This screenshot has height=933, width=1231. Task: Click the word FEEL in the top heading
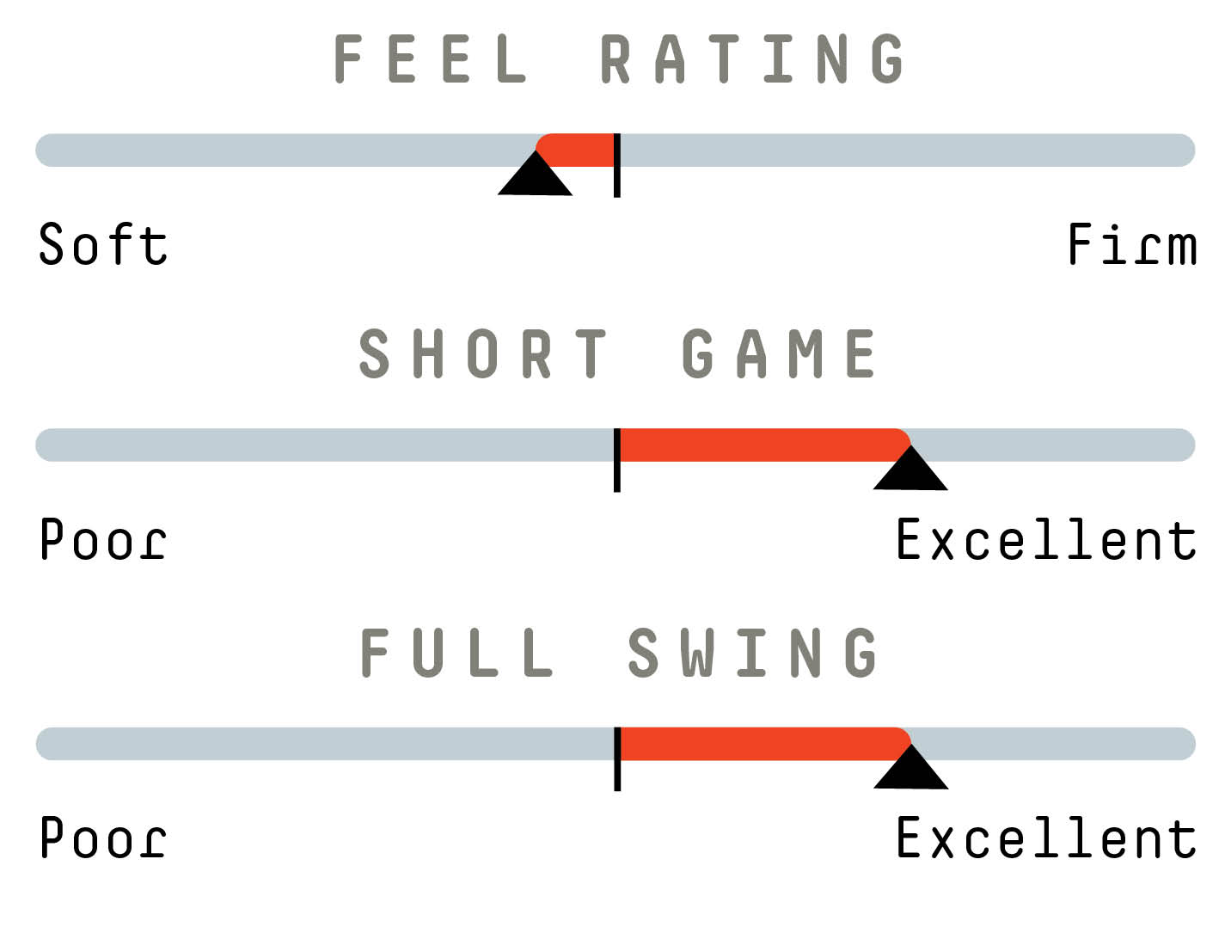430,58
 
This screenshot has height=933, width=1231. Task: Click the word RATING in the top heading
751,58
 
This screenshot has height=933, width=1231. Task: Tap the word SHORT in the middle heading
483,353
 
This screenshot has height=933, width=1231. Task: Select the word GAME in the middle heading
779,353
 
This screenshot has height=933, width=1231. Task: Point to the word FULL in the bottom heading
457,653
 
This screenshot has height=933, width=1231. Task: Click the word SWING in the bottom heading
752,653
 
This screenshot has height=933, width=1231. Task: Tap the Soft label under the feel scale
103,243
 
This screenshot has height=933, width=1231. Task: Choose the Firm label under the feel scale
1132,243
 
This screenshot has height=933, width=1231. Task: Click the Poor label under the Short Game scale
103,539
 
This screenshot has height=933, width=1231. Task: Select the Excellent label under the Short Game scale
1046,538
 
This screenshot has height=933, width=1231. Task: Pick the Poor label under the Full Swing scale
103,837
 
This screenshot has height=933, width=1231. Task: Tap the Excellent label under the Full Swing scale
1046,837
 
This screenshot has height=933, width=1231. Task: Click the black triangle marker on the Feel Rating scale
535,178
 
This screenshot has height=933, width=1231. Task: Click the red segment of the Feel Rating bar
576,150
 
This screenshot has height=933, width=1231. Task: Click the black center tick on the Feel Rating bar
617,165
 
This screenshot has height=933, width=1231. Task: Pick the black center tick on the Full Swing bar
617,759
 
